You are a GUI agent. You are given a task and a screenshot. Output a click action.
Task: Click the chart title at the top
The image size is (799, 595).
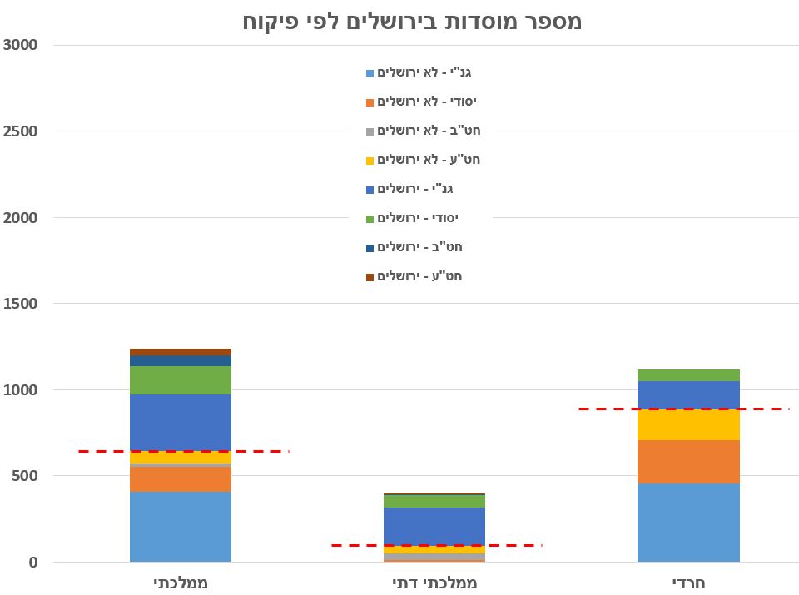pos(412,21)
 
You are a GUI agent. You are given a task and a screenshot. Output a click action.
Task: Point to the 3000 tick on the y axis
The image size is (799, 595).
pos(21,45)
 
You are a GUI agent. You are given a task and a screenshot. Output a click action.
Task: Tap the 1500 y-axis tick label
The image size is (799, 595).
pos(21,304)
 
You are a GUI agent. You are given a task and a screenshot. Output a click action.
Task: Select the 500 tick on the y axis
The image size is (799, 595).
pos(25,476)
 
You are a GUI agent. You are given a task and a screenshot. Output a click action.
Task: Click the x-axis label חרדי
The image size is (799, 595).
pos(688,583)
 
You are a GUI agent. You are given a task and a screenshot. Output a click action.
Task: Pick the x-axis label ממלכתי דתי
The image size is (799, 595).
pos(434,583)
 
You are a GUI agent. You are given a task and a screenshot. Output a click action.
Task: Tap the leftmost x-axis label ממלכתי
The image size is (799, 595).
pos(181,583)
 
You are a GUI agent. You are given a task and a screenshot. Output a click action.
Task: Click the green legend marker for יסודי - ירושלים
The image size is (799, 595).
pos(370,219)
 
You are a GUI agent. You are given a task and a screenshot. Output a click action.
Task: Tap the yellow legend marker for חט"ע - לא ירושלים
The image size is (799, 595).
pos(370,161)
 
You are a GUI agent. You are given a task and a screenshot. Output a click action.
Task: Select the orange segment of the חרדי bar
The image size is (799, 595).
pos(688,461)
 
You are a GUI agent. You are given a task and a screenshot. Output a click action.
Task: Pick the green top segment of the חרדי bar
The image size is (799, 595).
pos(688,375)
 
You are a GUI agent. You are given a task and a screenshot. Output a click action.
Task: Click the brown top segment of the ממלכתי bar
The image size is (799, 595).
pos(181,352)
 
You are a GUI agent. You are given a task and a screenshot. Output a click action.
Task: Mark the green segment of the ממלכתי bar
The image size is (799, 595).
pos(181,380)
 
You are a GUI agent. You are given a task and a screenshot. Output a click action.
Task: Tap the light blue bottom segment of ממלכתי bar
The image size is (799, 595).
pos(181,527)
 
